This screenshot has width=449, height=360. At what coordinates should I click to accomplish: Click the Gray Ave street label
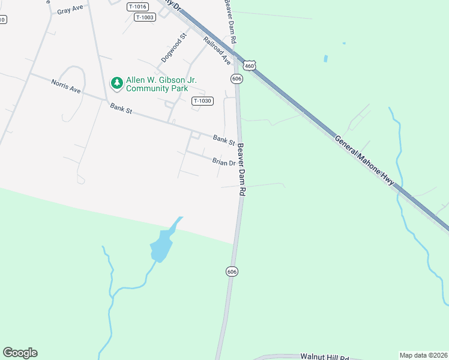pyautogui.click(x=70, y=11)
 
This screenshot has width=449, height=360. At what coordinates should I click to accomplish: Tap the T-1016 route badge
pyautogui.click(x=137, y=7)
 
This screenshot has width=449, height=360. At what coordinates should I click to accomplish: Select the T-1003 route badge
pyautogui.click(x=145, y=17)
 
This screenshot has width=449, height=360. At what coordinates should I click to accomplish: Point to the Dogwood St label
pyautogui.click(x=175, y=48)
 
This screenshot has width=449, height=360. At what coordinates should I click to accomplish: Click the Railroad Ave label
pyautogui.click(x=217, y=51)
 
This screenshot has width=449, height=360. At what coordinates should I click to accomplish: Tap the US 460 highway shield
pyautogui.click(x=250, y=64)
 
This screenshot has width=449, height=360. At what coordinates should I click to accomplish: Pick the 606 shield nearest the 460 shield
pyautogui.click(x=237, y=79)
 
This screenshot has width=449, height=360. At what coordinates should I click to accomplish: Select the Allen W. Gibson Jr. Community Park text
pyautogui.click(x=161, y=84)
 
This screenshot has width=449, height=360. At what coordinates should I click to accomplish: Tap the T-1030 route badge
pyautogui.click(x=202, y=101)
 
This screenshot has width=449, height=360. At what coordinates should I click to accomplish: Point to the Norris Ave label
pyautogui.click(x=65, y=86)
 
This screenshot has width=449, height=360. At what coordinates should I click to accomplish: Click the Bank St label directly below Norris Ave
pyautogui.click(x=121, y=109)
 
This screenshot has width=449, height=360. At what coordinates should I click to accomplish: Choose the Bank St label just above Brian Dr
pyautogui.click(x=224, y=140)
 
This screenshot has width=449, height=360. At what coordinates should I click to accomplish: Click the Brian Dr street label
pyautogui.click(x=223, y=162)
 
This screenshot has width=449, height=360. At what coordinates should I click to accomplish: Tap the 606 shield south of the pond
pyautogui.click(x=232, y=271)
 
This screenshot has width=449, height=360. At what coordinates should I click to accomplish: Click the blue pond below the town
pyautogui.click(x=161, y=246)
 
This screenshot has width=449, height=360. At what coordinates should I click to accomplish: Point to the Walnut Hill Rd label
pyautogui.click(x=324, y=357)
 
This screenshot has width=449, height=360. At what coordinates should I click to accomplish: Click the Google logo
pyautogui.click(x=20, y=353)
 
